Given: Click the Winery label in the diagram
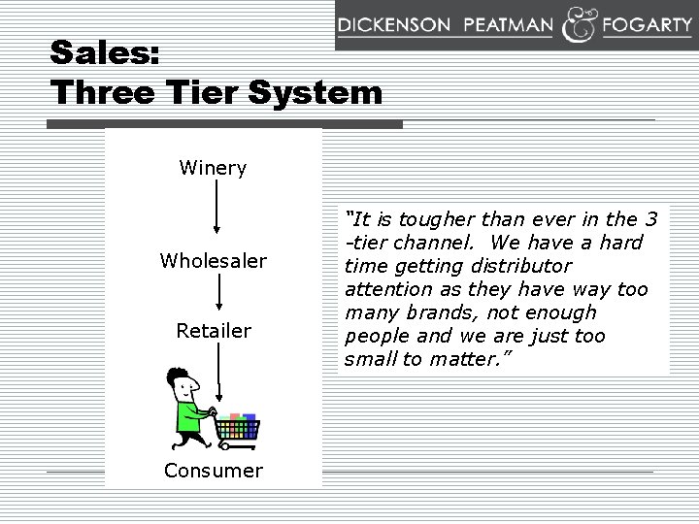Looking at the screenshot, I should pyautogui.click(x=214, y=168).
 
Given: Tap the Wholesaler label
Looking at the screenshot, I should pyautogui.click(x=214, y=261).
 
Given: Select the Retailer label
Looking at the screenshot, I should pyautogui.click(x=214, y=331).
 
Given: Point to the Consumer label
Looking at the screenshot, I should pyautogui.click(x=214, y=471).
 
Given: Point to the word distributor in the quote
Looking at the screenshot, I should pyautogui.click(x=524, y=265).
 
